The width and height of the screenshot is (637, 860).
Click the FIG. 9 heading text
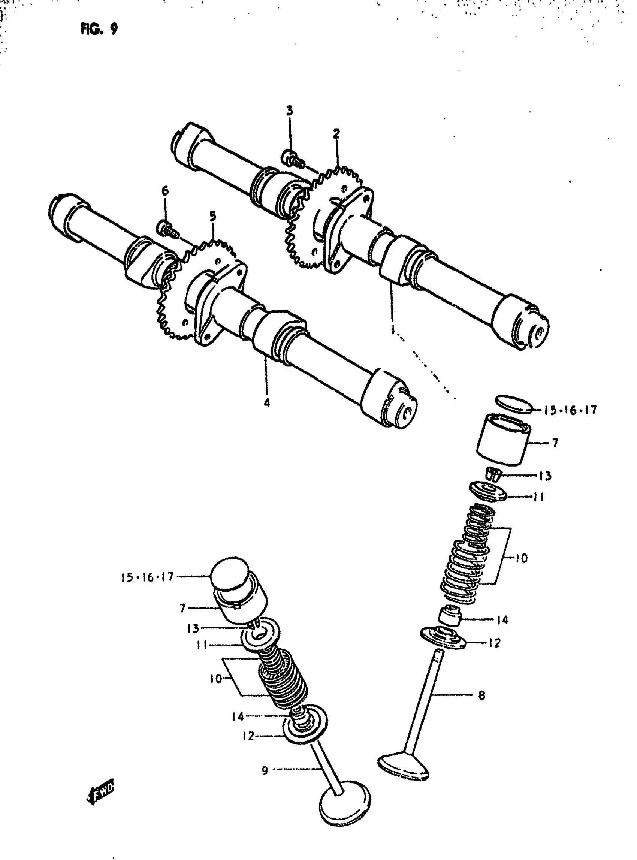coord(99,28)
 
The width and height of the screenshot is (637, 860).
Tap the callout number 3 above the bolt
coord(290,111)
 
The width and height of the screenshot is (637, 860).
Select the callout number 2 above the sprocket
coord(336,134)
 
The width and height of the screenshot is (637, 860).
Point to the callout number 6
coord(165,190)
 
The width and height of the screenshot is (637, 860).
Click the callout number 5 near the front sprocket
coord(213,216)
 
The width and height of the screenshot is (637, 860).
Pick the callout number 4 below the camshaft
coord(266,403)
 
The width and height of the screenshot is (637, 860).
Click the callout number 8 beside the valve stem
coord(481,695)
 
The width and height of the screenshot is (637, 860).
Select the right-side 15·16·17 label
coord(570,410)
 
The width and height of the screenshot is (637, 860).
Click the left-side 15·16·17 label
coord(148,577)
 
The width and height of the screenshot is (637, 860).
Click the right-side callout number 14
coord(502,620)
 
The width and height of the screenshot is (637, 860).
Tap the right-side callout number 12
coord(494,643)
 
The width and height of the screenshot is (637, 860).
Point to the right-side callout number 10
coord(521,558)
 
